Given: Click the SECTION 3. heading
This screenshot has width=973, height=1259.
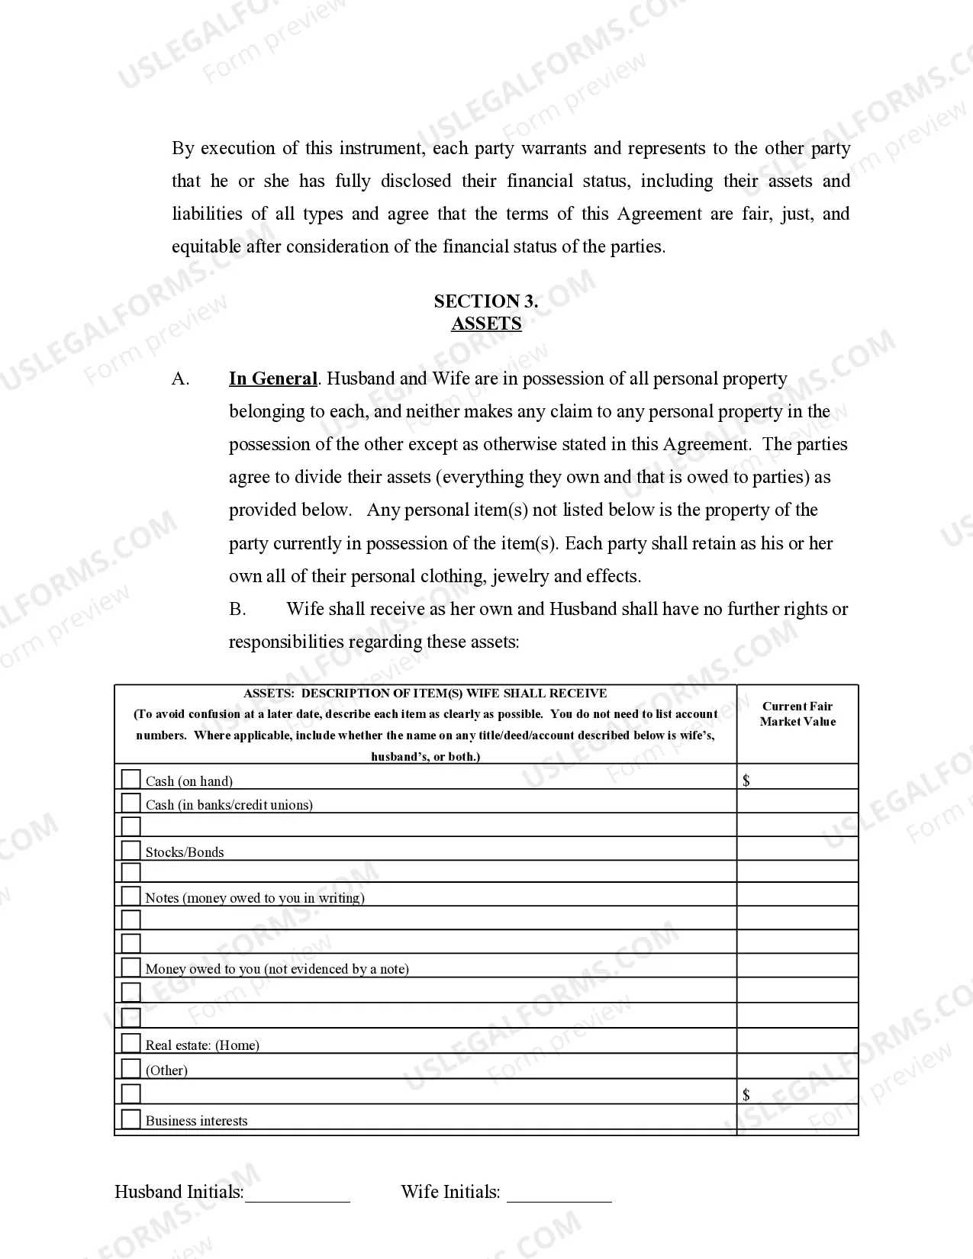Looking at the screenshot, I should click(486, 301).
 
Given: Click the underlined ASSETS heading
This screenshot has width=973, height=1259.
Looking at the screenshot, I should click(486, 324).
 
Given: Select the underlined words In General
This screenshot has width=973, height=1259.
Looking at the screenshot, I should click(272, 378).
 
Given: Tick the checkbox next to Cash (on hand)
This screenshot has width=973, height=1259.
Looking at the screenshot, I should click(131, 779).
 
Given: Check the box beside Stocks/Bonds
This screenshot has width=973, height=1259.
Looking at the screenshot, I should click(131, 850).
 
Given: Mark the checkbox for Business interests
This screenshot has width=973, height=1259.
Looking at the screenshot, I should click(131, 1119).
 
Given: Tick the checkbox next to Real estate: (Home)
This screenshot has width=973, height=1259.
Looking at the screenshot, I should click(131, 1043).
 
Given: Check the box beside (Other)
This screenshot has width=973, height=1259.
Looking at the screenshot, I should click(131, 1068).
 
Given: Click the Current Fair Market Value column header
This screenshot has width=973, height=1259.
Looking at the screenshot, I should click(797, 714).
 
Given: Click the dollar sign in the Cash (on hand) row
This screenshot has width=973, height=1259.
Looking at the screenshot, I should click(746, 780).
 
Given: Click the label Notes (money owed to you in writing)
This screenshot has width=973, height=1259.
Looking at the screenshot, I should click(255, 898).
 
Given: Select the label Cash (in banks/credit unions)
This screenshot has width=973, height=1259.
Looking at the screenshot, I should click(229, 805).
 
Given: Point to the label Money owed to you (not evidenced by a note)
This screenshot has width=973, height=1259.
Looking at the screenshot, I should click(277, 969).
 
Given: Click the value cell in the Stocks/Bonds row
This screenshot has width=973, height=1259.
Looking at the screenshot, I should click(797, 848).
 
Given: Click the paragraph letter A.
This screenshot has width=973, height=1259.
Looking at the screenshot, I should click(180, 379).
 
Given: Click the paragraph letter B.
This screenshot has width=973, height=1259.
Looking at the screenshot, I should click(237, 609).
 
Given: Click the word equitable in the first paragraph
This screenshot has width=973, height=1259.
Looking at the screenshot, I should click(206, 246).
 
